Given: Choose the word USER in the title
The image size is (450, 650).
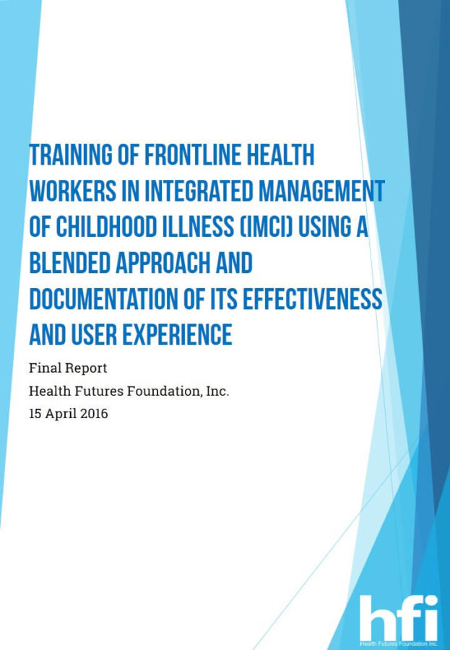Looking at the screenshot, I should tap(96, 335).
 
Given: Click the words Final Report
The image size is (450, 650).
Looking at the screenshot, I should tap(68, 368).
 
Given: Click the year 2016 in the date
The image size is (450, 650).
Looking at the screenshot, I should tap(94, 415).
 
